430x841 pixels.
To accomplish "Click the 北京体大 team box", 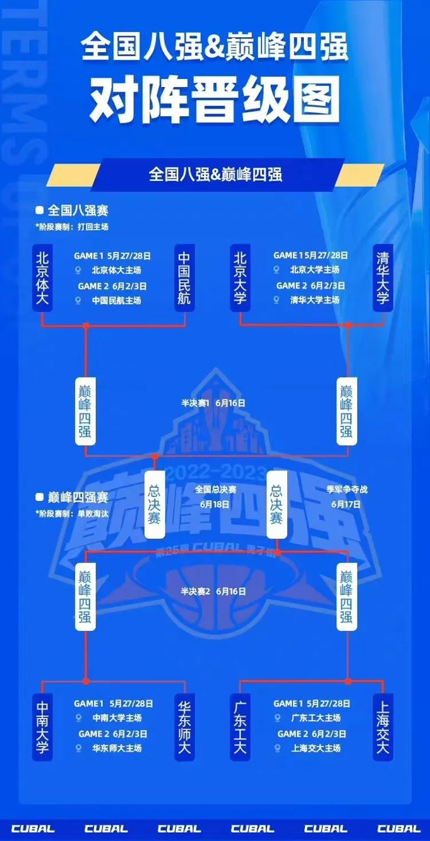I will (x=42, y=278).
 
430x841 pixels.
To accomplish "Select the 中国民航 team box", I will (x=185, y=278).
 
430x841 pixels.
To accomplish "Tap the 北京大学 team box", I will (x=240, y=278).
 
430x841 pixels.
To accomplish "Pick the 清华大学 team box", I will (x=383, y=278).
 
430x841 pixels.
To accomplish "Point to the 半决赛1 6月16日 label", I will (x=213, y=403).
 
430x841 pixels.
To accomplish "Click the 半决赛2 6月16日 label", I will (x=213, y=591).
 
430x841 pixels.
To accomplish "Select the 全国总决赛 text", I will (x=215, y=489).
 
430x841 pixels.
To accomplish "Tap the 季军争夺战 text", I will (x=345, y=489).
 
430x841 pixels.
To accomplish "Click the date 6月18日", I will (x=215, y=504).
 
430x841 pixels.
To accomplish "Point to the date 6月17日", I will (x=345, y=504).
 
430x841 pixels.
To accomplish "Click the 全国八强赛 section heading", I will (x=78, y=211).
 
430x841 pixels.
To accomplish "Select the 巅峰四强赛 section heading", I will (x=78, y=498).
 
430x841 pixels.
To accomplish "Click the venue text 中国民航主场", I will (x=116, y=300).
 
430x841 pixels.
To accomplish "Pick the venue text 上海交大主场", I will (x=315, y=748).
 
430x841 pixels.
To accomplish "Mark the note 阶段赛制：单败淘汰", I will (x=73, y=514).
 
